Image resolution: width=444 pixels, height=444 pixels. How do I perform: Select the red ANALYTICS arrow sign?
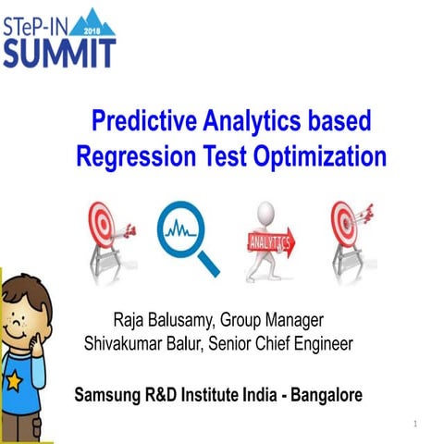(x=269, y=244)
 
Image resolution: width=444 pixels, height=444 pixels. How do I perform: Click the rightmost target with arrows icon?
(x=349, y=231)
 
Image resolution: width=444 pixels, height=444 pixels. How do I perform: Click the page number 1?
(x=417, y=424)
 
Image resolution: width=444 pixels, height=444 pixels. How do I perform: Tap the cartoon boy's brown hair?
(x=23, y=286)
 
